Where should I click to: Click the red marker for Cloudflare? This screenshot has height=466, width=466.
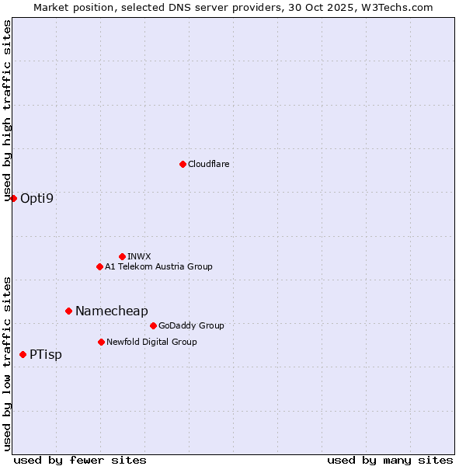tap(183, 164)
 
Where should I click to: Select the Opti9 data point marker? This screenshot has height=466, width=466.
tap(13, 198)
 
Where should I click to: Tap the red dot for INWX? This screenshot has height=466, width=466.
tap(122, 256)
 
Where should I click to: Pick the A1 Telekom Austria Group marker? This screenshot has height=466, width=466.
tap(99, 266)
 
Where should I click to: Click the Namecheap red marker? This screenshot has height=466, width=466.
tap(68, 311)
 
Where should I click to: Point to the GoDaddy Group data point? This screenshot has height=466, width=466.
tap(153, 325)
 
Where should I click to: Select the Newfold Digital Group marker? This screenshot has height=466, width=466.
tap(101, 342)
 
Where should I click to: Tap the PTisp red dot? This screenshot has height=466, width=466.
tap(23, 354)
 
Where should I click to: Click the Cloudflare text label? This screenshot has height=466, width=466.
tap(208, 164)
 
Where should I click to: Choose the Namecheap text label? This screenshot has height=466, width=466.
tap(111, 311)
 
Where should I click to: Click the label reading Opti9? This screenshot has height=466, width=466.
tap(37, 198)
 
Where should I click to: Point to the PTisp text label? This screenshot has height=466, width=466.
tap(45, 354)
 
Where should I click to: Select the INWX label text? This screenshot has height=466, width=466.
tap(139, 256)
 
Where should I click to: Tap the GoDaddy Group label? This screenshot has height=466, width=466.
tap(191, 325)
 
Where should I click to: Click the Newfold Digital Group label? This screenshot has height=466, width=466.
tap(151, 342)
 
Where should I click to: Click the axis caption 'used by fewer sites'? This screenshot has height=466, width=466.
tap(80, 460)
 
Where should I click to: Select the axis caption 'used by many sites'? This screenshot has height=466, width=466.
tap(390, 460)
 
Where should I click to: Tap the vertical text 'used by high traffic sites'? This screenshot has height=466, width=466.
tap(7, 110)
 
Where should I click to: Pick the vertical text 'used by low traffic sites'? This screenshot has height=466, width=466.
tap(7, 363)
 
